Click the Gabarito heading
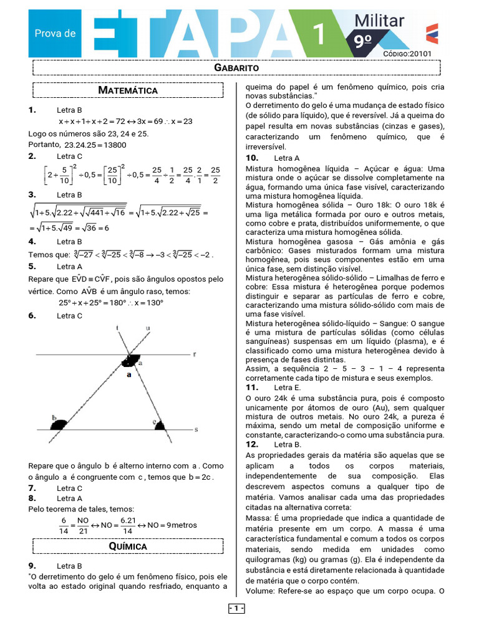tap(236, 67)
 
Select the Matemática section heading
tap(128, 90)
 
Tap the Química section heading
tap(128, 546)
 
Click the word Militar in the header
tap(379, 21)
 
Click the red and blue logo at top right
tap(432, 33)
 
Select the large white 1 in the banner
tap(318, 34)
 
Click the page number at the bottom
tap(236, 608)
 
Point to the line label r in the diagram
tap(195, 354)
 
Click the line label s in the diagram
tap(196, 429)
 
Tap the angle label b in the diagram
tap(55, 418)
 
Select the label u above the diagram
tap(147, 328)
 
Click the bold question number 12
tap(252, 444)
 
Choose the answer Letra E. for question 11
tap(288, 388)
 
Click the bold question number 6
tap(32, 316)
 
